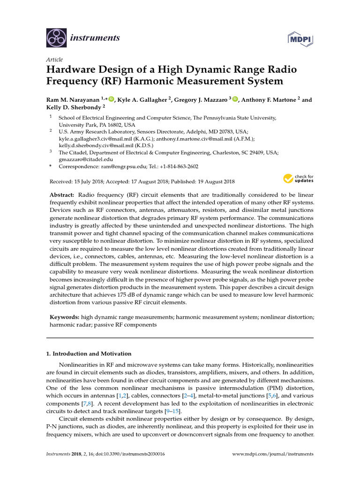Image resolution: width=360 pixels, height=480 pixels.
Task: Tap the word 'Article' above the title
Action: click(54, 60)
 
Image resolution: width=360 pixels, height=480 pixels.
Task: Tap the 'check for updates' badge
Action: click(298, 179)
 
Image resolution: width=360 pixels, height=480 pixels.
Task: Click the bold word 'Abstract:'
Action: click(62, 195)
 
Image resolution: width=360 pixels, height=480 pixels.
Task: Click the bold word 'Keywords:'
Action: click(64, 317)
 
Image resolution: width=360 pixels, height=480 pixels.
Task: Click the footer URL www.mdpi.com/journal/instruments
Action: click(273, 454)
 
